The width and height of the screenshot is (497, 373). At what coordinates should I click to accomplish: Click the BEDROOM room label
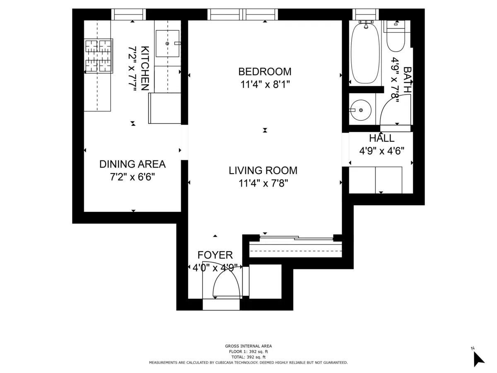265,72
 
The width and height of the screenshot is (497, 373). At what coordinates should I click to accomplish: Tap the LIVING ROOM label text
263,170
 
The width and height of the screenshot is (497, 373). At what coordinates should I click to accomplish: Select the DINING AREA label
132,164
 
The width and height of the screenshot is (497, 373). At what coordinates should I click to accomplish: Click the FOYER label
215,255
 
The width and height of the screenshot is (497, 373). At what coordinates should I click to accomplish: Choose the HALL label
381,138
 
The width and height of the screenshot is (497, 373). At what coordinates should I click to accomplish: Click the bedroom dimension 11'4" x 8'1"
265,85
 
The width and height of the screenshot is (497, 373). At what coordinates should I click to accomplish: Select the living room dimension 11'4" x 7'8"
263,183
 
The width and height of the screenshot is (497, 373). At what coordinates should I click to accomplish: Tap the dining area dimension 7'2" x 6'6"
132,177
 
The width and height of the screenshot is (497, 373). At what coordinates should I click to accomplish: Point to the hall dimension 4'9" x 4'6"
381,151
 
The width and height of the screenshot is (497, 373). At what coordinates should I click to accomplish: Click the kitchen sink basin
167,44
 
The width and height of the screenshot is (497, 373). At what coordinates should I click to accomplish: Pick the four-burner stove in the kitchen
99,56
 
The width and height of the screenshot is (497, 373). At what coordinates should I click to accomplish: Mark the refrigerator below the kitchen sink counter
165,108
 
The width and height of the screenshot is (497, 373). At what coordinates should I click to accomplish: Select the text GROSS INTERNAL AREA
248,346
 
